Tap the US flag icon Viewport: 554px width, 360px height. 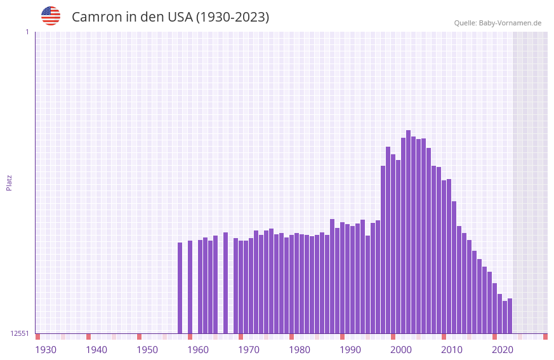pyautogui.click(x=51, y=16)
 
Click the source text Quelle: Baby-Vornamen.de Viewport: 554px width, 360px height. pyautogui.click(x=498, y=23)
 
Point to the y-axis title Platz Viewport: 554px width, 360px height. pyautogui.click(x=9, y=182)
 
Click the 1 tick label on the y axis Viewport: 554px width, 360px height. pyautogui.click(x=27, y=32)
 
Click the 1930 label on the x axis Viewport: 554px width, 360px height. pyautogui.click(x=46, y=350)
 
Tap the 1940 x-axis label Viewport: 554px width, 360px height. pyautogui.click(x=96, y=350)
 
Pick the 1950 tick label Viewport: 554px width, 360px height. pyautogui.click(x=147, y=350)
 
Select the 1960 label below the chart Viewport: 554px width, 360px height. pyautogui.click(x=198, y=350)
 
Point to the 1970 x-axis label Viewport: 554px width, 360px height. pyautogui.click(x=249, y=350)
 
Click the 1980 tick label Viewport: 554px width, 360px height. pyautogui.click(x=300, y=350)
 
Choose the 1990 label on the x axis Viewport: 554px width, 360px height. pyautogui.click(x=350, y=350)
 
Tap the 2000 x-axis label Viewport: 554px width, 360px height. pyautogui.click(x=401, y=350)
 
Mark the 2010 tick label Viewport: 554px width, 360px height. pyautogui.click(x=452, y=350)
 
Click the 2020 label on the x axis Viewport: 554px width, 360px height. pyautogui.click(x=503, y=350)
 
